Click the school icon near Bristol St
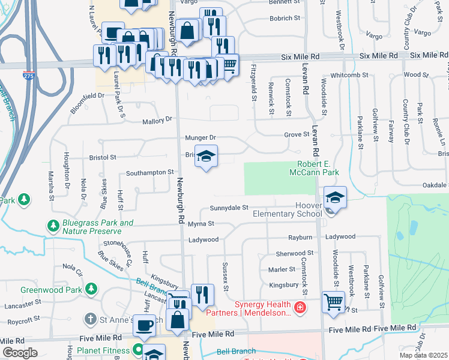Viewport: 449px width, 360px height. point(206,157)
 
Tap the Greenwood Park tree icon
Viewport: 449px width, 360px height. point(91,289)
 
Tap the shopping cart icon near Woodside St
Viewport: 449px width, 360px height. point(333,301)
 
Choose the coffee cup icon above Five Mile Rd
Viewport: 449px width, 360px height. point(144,325)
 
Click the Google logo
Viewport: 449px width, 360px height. point(19,353)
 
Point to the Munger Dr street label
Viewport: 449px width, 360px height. point(200,138)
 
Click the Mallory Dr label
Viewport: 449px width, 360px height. point(157,121)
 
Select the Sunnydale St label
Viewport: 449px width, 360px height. point(229,208)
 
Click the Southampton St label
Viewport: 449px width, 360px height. point(149,173)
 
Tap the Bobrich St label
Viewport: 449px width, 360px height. point(285,18)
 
